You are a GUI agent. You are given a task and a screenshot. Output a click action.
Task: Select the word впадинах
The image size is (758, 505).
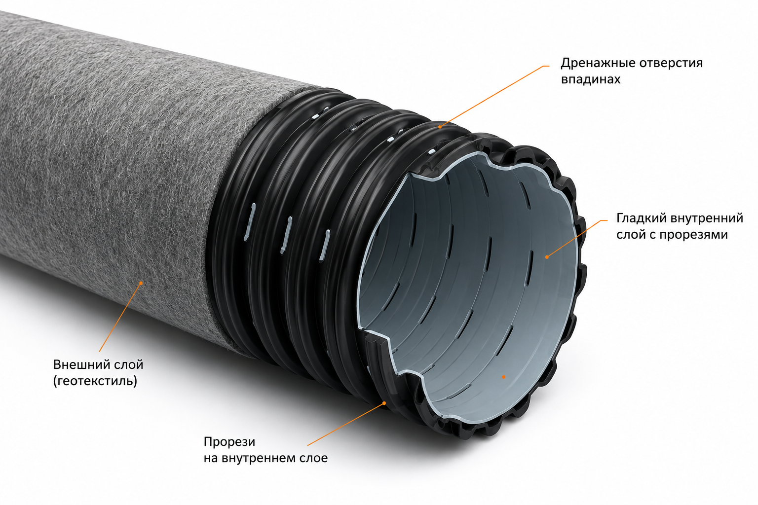[591, 79]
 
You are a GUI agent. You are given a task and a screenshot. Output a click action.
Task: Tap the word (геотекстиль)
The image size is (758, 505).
[95, 381]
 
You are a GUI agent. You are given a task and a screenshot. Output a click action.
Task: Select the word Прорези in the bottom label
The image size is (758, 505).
[229, 442]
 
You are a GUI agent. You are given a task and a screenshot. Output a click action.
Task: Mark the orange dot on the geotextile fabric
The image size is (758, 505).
[141, 283]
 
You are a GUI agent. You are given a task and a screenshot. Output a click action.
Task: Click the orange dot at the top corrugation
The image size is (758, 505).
[440, 127]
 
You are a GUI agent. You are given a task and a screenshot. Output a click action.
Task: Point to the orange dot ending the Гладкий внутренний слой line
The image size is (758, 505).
[547, 257]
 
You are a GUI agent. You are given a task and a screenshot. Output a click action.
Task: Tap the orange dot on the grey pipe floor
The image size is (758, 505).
[503, 377]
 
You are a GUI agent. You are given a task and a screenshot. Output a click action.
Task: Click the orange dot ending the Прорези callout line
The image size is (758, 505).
[384, 403]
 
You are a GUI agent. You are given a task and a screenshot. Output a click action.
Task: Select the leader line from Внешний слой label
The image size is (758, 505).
[120, 317]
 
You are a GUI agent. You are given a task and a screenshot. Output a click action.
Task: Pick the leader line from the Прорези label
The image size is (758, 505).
[345, 424]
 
